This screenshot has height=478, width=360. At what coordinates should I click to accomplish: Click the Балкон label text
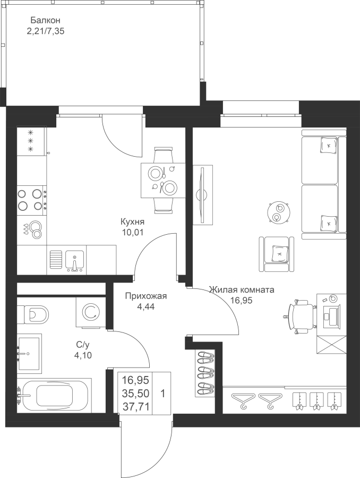tap(45, 20)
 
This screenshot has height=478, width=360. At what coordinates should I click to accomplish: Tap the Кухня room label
tap(132, 221)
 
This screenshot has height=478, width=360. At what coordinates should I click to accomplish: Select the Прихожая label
tap(146, 296)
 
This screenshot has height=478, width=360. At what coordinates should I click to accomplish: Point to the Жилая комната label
tap(242, 289)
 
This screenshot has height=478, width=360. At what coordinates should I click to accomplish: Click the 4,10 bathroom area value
tap(83, 355)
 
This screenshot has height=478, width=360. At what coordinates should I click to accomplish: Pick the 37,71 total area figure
tap(135, 406)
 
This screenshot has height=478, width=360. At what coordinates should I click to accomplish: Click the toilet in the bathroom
tap(33, 314)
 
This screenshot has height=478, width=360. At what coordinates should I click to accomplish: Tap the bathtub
tap(54, 395)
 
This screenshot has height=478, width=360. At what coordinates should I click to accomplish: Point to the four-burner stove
tap(32, 199)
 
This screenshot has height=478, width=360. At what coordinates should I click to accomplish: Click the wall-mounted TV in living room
tap(203, 194)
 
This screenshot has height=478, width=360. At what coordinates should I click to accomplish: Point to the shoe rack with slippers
tap(205, 374)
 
